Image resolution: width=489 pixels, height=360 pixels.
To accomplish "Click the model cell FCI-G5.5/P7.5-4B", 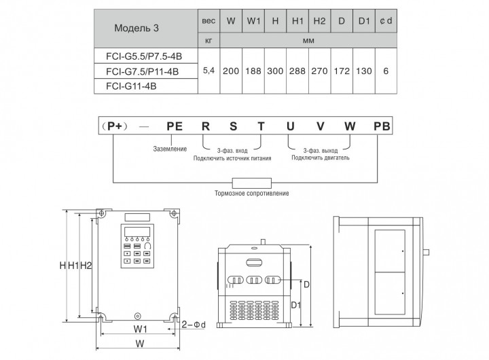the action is click(x=144, y=56).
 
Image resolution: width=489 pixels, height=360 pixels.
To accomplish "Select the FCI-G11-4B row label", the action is click(x=131, y=86).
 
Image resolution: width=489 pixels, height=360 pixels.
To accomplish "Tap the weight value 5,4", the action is click(x=209, y=71).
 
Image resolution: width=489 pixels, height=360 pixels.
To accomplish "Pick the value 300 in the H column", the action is click(x=275, y=71).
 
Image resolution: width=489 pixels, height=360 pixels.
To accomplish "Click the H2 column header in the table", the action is click(x=319, y=21).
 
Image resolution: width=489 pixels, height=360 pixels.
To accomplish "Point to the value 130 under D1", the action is click(x=364, y=71).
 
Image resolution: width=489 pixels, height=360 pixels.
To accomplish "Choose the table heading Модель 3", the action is click(x=137, y=28).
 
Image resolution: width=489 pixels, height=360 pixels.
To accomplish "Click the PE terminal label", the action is click(x=175, y=126).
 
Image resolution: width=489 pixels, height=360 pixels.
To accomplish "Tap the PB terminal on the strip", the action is click(x=382, y=126).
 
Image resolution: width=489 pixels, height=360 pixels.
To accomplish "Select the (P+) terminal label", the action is click(x=115, y=126).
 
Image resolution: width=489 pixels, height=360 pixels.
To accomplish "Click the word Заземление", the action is click(x=170, y=149).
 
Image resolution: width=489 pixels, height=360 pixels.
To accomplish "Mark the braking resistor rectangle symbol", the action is click(x=252, y=183).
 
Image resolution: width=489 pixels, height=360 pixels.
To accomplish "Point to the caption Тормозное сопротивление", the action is click(x=252, y=194).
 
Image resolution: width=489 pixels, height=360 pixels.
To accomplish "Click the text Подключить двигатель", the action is click(x=321, y=158).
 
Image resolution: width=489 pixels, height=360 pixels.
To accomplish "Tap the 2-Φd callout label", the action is click(x=194, y=325).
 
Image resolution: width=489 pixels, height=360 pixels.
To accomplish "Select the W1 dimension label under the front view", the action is click(x=141, y=329).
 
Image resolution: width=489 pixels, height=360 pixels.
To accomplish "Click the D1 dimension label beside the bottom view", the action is click(x=296, y=305).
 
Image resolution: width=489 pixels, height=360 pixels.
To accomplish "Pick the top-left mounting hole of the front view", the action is click(x=101, y=213).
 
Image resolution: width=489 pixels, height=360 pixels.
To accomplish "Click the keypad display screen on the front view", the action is click(x=137, y=232).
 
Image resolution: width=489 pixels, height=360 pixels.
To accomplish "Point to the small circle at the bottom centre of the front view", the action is click(x=137, y=317).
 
